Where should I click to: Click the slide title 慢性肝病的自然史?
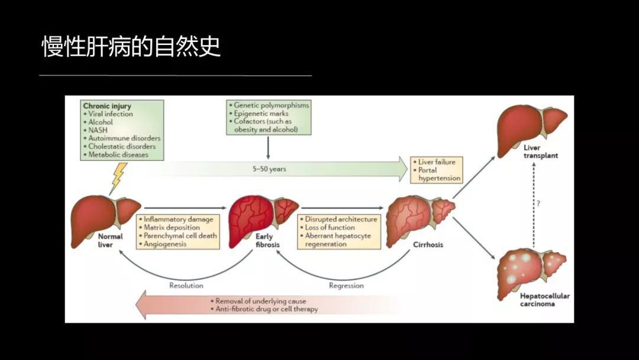coord(131,47)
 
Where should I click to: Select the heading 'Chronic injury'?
coord(107,106)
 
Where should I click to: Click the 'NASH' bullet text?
coord(99,130)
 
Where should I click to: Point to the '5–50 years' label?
coord(269,169)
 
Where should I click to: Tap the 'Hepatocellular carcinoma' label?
coord(537,300)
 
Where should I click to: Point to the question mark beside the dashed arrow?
coord(538,203)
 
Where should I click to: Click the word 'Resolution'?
coord(186,285)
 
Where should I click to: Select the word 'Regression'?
coord(346,285)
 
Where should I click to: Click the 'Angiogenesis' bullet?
coord(166,244)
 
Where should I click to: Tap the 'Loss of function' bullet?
coord(330,227)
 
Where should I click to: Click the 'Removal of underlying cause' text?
coord(260,301)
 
